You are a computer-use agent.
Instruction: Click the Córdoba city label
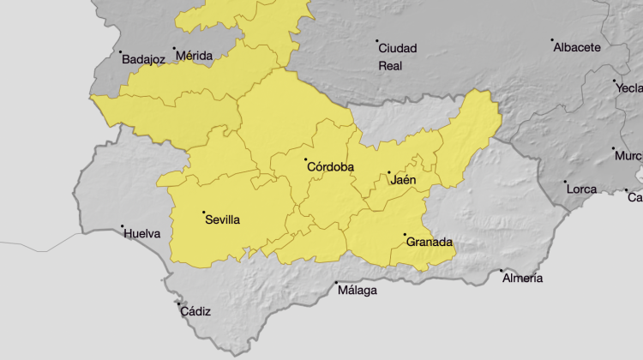pos(331,168)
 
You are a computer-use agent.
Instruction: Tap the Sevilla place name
pos(222,219)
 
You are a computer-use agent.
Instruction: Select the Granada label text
pos(429,243)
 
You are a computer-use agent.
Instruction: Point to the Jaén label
pos(403,180)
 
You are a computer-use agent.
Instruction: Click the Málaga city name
pos(357,291)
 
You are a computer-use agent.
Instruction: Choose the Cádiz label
pos(195,311)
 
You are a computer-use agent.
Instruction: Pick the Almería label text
pos(522,278)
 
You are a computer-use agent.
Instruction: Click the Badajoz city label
pos(143,60)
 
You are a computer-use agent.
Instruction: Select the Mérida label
pos(194,56)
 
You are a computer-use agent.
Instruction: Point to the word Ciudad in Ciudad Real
pos(398,48)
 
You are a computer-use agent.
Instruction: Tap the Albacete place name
pos(577,47)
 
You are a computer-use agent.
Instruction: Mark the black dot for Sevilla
pos(203,212)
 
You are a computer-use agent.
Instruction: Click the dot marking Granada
pos(405,235)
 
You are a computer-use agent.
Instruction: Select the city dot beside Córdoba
pos(305,159)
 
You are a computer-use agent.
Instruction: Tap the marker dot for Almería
pos(502,271)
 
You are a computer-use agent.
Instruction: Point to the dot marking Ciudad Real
pos(377,40)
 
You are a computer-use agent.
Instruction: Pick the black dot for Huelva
pos(122,226)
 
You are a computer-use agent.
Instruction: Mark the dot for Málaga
pos(336,283)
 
